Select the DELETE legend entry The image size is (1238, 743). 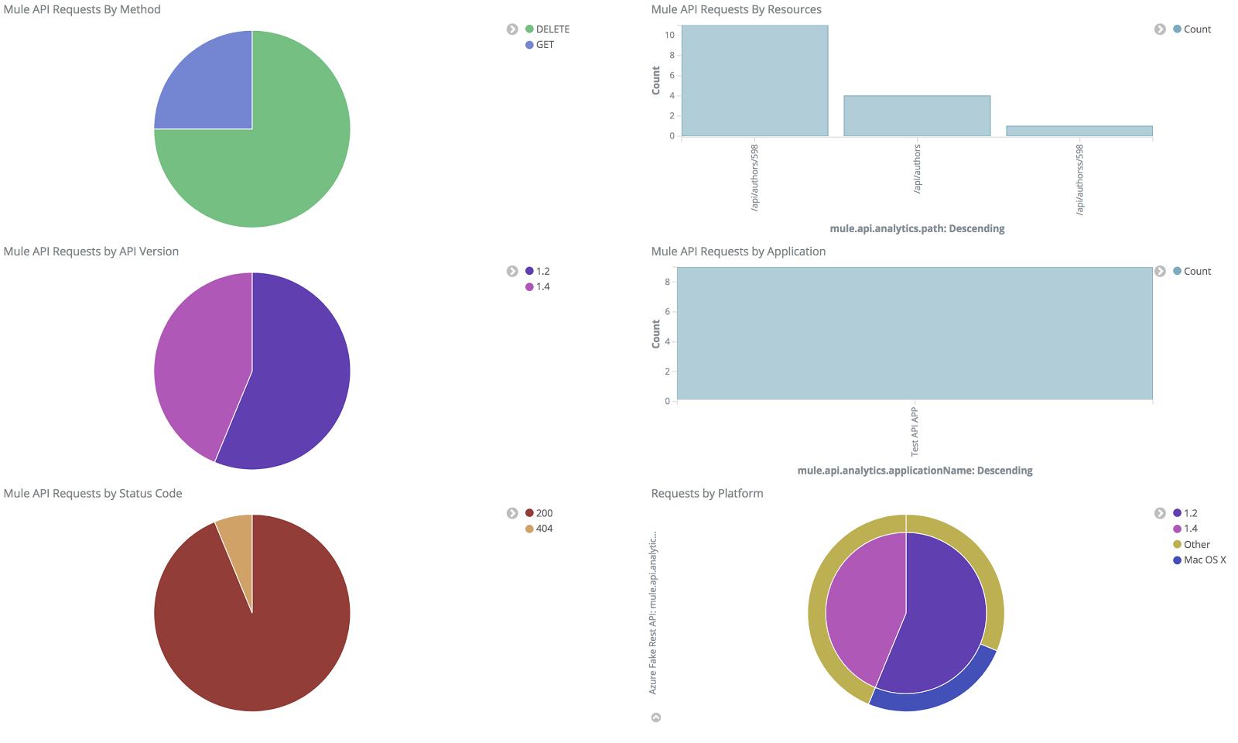[552, 29]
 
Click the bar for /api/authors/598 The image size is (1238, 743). [754, 81]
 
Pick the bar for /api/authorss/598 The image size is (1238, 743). [1079, 131]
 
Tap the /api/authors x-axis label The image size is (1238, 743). [917, 169]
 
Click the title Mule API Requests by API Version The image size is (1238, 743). [91, 252]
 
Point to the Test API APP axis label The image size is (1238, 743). [915, 431]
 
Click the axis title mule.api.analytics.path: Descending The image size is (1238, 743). [917, 228]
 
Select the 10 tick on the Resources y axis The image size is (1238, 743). [669, 35]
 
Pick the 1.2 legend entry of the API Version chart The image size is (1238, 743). [542, 272]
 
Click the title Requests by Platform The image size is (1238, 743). [706, 494]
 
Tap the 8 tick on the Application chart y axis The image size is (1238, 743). [667, 282]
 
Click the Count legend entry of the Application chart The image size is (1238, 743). [1196, 272]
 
